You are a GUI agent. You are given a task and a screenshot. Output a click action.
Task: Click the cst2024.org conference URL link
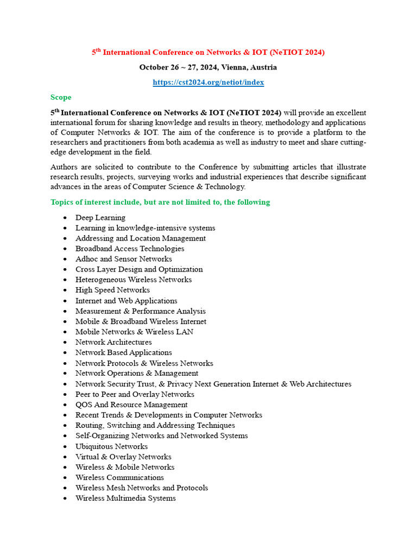(208, 83)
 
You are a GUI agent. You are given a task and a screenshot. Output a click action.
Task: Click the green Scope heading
(61, 97)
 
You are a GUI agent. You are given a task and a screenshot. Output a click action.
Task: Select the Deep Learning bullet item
(100, 218)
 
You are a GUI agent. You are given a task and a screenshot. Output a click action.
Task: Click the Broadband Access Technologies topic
(129, 249)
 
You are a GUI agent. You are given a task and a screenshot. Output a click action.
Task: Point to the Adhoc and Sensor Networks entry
(123, 259)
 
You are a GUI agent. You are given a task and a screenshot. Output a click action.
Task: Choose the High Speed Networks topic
(112, 290)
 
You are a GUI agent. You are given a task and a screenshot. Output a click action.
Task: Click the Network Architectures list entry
(113, 342)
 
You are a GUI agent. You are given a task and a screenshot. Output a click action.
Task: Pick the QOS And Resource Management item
(131, 405)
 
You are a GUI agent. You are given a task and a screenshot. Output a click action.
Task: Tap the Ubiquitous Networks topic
(111, 446)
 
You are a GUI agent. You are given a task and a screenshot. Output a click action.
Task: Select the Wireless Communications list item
(119, 477)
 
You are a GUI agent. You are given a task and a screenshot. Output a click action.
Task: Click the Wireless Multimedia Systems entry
(125, 498)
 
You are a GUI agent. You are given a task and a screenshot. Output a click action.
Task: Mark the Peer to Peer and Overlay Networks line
(135, 394)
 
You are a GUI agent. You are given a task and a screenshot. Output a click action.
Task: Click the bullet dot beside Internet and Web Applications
(65, 301)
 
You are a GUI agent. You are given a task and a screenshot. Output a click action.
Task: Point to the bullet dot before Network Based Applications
(65, 353)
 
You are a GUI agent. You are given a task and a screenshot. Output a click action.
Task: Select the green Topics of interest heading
(160, 202)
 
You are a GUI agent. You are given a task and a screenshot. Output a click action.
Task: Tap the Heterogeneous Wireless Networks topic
(133, 280)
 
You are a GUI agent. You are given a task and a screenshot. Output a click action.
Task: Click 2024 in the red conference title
(312, 52)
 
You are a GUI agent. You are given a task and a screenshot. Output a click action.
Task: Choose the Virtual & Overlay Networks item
(123, 457)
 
